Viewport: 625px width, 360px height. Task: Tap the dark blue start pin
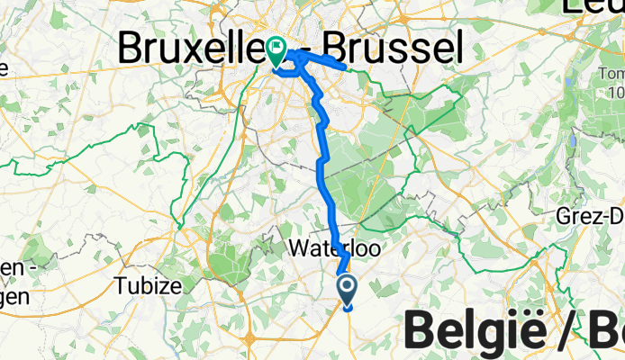click(x=349, y=290)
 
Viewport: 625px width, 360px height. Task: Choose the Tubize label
click(x=149, y=286)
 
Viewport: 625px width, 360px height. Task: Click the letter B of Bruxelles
click(x=134, y=47)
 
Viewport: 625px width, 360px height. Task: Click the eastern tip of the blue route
click(x=347, y=67)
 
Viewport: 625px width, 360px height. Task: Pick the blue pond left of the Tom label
click(x=571, y=139)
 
